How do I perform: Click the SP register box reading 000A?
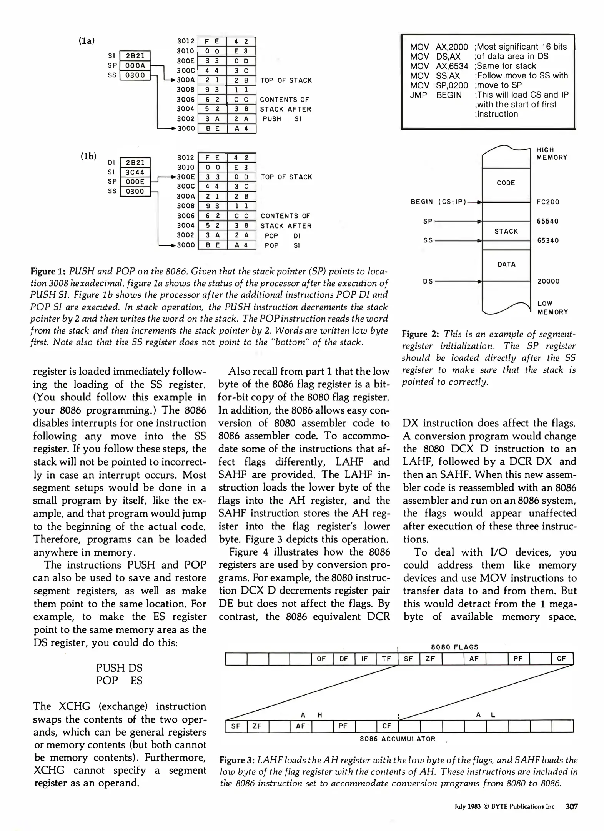[135, 66]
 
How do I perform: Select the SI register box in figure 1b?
[135, 172]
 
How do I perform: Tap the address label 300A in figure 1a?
[186, 80]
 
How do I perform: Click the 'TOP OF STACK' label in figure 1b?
[286, 177]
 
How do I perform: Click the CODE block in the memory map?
[506, 183]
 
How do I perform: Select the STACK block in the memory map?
[506, 231]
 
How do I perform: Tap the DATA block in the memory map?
[506, 264]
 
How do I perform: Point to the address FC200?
[548, 202]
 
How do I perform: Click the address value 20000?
[548, 281]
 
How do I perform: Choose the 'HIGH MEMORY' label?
[552, 154]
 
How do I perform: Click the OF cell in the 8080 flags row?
[321, 659]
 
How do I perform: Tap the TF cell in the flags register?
[386, 659]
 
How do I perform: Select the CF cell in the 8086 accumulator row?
[387, 726]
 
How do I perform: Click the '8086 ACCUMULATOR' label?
[398, 739]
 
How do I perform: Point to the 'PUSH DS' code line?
[119, 667]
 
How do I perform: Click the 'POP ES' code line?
[119, 681]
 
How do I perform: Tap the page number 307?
[572, 806]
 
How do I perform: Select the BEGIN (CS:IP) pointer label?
[438, 202]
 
